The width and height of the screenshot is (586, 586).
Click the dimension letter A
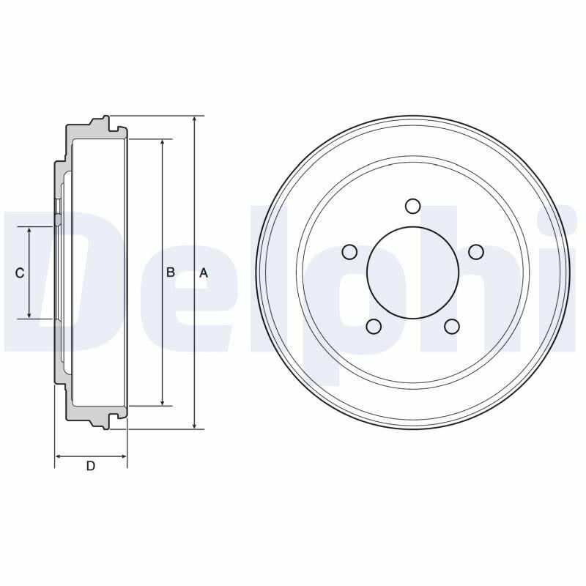tap(204, 273)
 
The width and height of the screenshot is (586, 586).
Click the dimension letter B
tap(171, 272)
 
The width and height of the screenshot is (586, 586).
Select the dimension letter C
tap(20, 273)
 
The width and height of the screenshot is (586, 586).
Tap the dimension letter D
tap(91, 466)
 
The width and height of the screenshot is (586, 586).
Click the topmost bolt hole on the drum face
tap(413, 207)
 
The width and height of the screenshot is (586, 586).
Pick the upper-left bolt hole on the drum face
tap(350, 252)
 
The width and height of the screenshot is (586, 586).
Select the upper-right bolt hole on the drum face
tap(476, 252)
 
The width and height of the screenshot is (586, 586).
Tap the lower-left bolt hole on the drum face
tap(374, 326)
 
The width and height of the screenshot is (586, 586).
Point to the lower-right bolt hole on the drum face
tap(452, 326)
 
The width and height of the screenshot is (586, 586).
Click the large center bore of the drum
tap(413, 272)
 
